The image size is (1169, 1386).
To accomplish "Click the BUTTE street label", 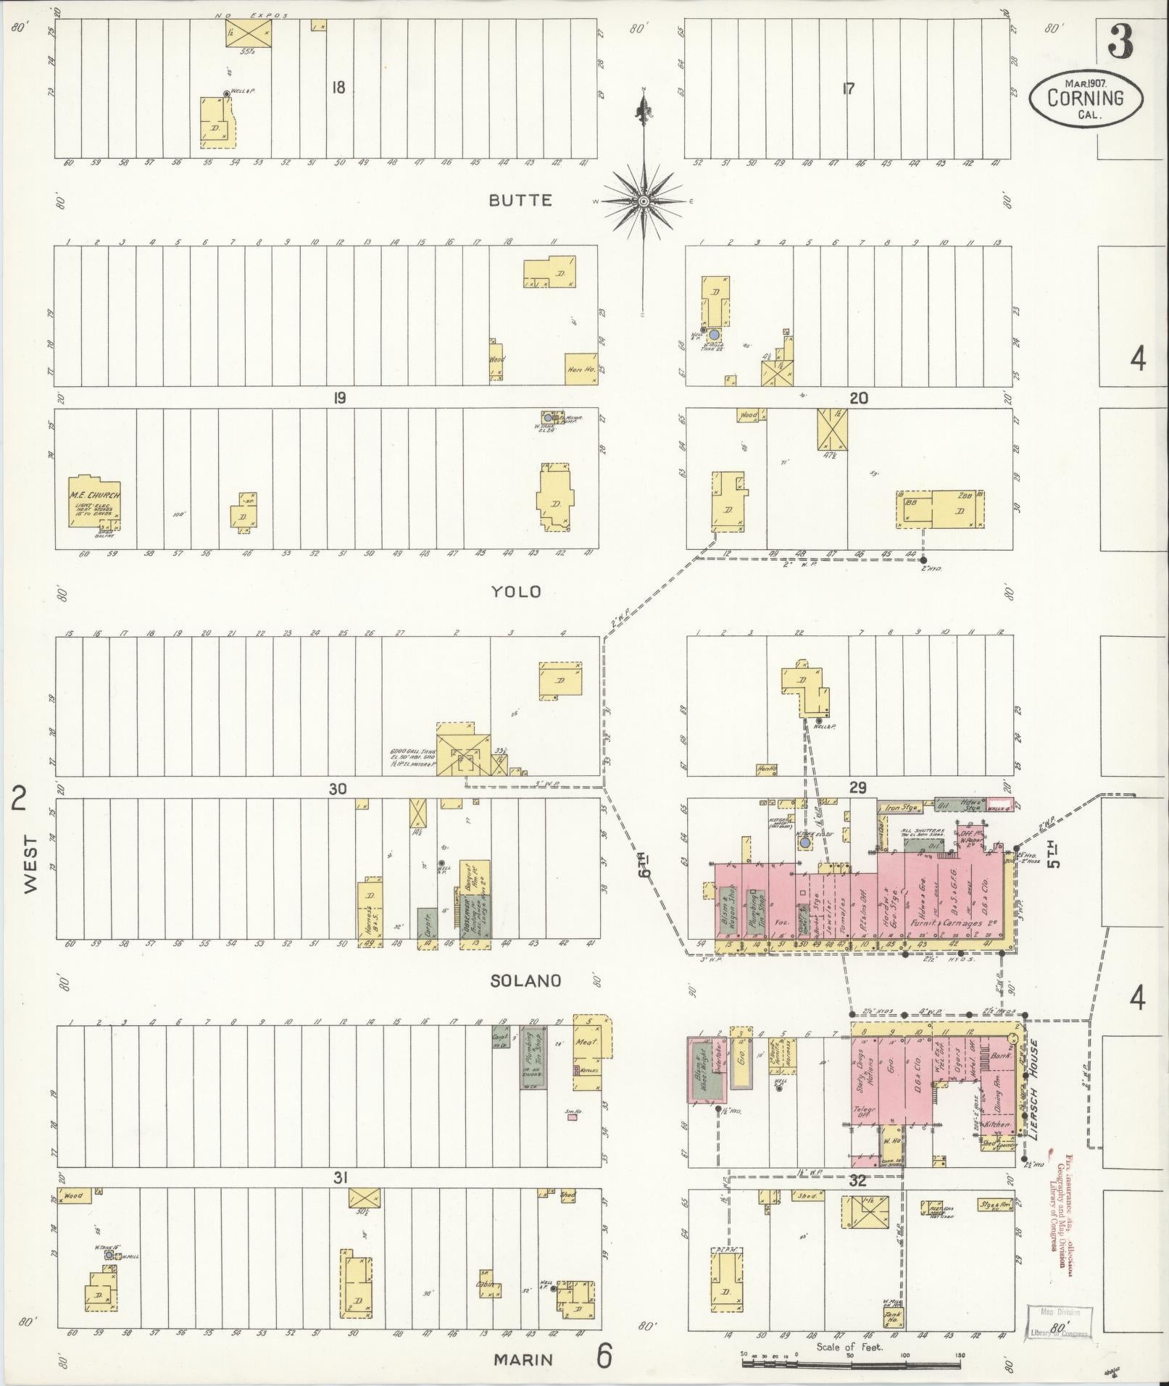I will point(520,201).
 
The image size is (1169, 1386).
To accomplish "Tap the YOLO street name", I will point(516,592).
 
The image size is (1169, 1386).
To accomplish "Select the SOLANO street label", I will point(525,980).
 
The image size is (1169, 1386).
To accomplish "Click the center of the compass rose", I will point(643,201).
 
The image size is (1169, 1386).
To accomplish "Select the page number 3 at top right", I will point(1120,42).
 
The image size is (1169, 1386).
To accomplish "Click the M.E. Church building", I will point(94,502).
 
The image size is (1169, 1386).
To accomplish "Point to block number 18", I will point(338,88).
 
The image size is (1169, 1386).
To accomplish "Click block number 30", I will point(338,788).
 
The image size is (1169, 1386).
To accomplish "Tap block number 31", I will point(338,1179).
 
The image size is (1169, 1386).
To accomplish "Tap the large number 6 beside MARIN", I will point(603,1357).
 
